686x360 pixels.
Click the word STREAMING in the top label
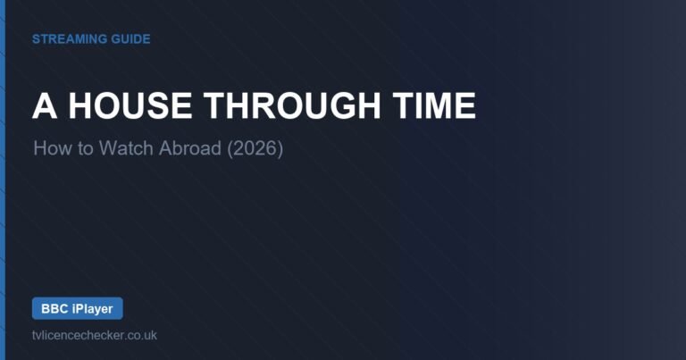pos(70,39)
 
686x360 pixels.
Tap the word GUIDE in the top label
pos(130,39)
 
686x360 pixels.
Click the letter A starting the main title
pos(45,106)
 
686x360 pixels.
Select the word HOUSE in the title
pos(130,106)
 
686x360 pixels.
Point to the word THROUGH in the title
pos(292,106)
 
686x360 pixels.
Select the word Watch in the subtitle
pos(126,148)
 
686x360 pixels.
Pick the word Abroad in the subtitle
pos(190,148)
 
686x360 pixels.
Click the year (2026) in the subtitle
pos(255,148)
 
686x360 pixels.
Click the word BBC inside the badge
pos(54,309)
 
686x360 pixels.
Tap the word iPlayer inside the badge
pos(92,309)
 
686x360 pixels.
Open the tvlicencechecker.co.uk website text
pos(95,336)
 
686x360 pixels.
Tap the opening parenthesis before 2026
pos(230,149)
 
